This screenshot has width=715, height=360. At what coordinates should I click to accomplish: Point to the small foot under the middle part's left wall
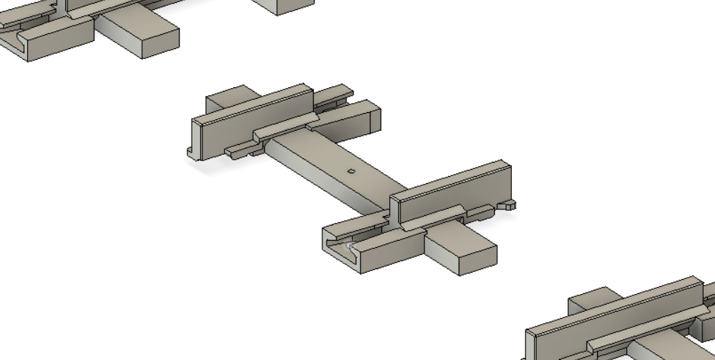pos(190,151)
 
